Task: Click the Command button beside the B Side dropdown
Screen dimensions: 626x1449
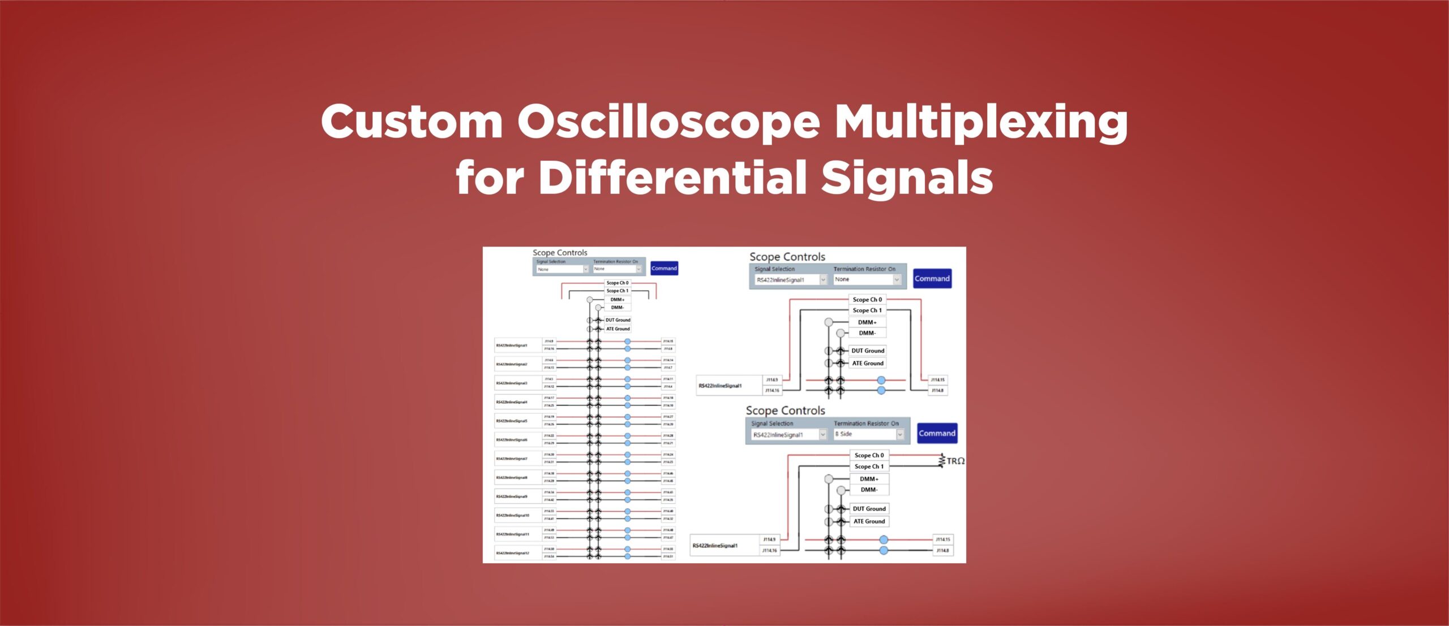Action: [937, 433]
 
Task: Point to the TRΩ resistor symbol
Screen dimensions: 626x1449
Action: [943, 461]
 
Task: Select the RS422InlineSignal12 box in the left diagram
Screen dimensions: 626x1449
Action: [517, 553]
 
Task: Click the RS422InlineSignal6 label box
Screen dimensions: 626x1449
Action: [517, 439]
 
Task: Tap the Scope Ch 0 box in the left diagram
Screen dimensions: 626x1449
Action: [617, 283]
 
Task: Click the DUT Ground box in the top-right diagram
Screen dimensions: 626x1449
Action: [867, 351]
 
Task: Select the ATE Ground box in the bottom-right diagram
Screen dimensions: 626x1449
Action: [869, 521]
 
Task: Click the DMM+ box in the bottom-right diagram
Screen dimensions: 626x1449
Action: [869, 478]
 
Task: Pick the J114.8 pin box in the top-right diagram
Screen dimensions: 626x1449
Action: [937, 390]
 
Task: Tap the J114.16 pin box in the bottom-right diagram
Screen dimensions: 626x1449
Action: [769, 550]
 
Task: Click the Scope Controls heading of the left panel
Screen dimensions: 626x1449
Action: [559, 253]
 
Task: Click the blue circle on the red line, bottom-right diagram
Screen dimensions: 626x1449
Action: [884, 540]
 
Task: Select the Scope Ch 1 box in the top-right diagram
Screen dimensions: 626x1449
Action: [867, 310]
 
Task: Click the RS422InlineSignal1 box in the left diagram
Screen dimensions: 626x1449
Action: [517, 345]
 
